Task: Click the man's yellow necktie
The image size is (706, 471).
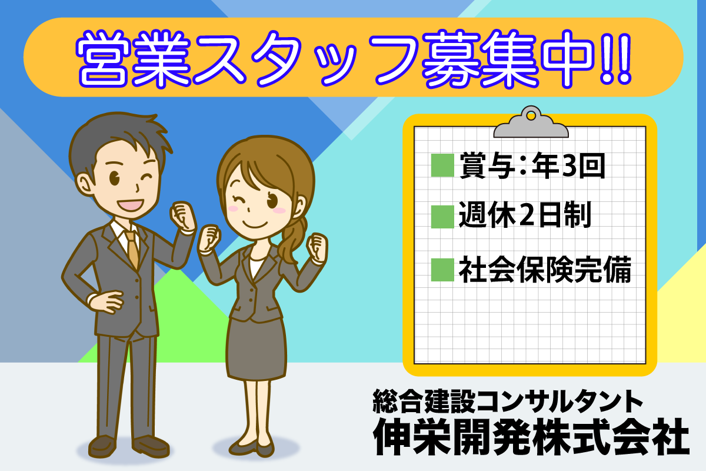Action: pos(133,249)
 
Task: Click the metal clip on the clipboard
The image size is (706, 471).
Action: pos(531,122)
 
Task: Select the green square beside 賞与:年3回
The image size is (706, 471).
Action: pos(442,165)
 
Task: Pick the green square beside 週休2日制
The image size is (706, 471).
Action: pos(442,217)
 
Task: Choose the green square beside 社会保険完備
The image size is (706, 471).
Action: pos(442,270)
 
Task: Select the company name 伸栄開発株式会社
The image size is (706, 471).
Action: pos(531,437)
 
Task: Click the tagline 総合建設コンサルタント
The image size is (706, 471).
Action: pos(508,401)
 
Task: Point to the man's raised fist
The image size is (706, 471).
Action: pos(183,216)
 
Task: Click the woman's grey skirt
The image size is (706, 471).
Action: pos(256,348)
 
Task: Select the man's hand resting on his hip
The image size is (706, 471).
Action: pos(106,302)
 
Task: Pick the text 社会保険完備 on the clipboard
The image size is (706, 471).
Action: pos(545,270)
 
